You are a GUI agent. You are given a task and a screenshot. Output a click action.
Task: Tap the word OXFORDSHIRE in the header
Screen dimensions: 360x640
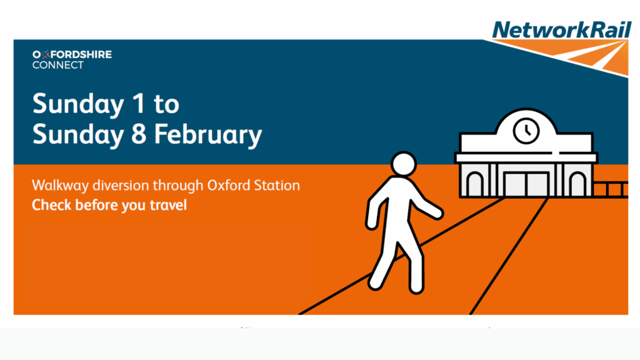pyautogui.click(x=72, y=55)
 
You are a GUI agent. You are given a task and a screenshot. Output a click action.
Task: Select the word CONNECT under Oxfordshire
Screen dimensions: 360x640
pyautogui.click(x=57, y=65)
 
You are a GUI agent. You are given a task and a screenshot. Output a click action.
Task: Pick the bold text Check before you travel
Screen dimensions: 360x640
pyautogui.click(x=109, y=205)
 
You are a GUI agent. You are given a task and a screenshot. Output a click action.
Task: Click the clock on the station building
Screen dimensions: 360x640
pyautogui.click(x=526, y=130)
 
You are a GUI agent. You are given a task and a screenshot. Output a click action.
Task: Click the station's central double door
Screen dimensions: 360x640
pyautogui.click(x=526, y=184)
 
